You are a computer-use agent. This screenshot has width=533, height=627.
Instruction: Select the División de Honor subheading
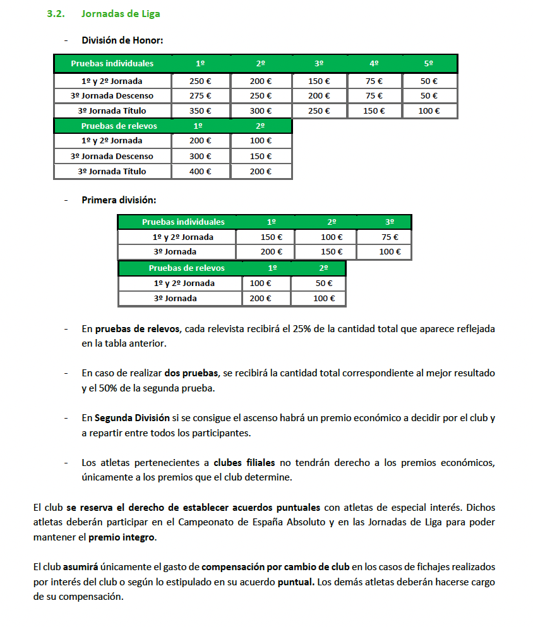coord(123,40)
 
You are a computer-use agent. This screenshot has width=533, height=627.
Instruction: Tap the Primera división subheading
coord(119,200)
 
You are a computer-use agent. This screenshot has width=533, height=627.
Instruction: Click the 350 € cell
coord(200,110)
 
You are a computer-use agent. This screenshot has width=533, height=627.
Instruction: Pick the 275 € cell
coord(200,96)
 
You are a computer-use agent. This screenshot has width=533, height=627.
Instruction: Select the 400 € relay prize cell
coord(200,171)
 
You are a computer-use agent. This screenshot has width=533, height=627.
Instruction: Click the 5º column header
coord(429,64)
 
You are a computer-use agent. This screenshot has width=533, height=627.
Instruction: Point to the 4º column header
coord(374,64)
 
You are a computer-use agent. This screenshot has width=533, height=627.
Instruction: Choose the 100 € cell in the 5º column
coord(429,110)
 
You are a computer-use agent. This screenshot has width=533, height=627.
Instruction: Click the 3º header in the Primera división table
coord(390,222)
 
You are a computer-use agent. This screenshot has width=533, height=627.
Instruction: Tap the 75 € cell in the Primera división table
coord(390,237)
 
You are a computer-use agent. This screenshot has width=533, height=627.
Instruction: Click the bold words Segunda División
coord(132,418)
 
